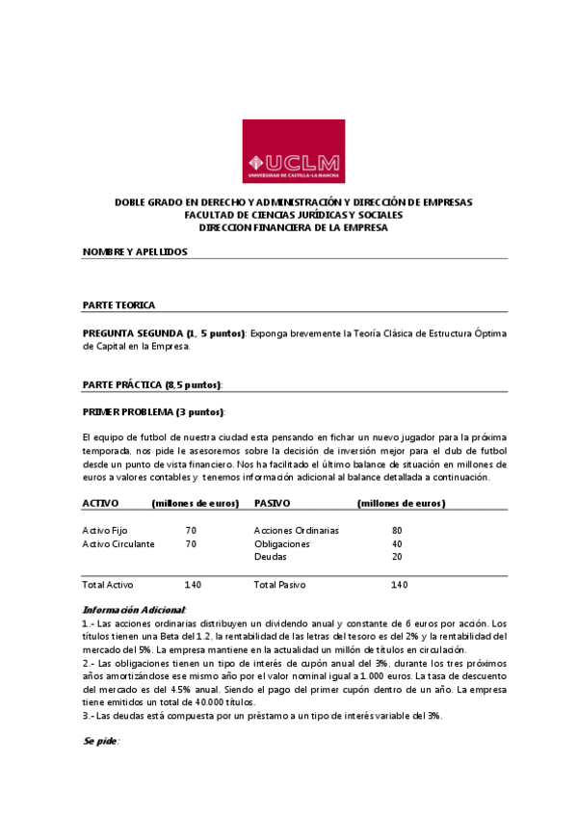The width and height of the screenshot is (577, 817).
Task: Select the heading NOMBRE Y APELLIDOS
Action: pyautogui.click(x=135, y=251)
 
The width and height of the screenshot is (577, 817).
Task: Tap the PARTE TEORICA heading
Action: pyautogui.click(x=118, y=305)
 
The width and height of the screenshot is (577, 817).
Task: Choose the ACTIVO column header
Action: pyautogui.click(x=100, y=503)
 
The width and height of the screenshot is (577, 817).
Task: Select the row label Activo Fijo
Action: pyautogui.click(x=105, y=530)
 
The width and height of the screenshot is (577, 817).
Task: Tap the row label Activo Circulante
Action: pyautogui.click(x=118, y=543)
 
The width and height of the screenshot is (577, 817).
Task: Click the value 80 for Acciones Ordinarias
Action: pyautogui.click(x=397, y=530)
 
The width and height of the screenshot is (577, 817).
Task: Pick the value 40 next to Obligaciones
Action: pyautogui.click(x=397, y=543)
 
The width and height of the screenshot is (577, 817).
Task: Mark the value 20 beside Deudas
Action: pyautogui.click(x=397, y=557)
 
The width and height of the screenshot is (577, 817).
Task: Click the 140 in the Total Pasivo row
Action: pyautogui.click(x=399, y=585)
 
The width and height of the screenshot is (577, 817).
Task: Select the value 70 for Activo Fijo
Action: pyautogui.click(x=191, y=530)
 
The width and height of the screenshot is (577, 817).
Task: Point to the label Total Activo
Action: pyautogui.click(x=108, y=585)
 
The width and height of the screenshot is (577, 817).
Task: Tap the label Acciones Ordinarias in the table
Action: pyautogui.click(x=296, y=530)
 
